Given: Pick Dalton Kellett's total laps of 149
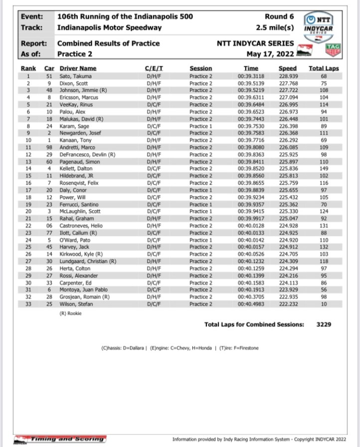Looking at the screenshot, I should pos(323,169).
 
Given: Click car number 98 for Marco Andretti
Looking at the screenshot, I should pos(49,147).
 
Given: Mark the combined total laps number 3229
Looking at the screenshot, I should pos(325,324).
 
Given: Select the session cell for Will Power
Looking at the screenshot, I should pos(201,197).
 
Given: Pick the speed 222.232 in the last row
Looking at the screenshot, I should pos(287,304).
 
